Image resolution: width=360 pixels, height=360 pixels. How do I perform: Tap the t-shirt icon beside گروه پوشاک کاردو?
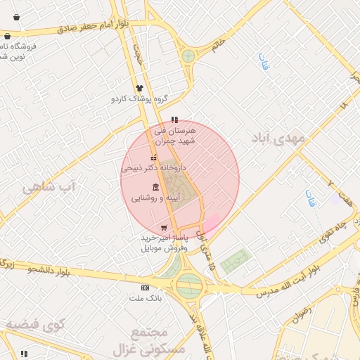(x=139, y=89)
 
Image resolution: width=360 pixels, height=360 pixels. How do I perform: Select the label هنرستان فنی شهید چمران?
(x=175, y=136)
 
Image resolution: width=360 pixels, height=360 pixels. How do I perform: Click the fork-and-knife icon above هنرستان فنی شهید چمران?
(x=174, y=119)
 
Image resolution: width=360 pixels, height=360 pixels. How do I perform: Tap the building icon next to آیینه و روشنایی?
(x=155, y=187)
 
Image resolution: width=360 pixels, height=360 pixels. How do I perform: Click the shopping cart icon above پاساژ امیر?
(x=164, y=228)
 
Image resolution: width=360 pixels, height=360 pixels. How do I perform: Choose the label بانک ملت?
(x=145, y=298)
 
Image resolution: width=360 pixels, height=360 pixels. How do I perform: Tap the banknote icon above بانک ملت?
(x=145, y=288)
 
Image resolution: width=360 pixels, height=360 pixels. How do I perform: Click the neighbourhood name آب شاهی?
(x=48, y=188)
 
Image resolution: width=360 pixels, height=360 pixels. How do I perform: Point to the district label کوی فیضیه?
(x=35, y=324)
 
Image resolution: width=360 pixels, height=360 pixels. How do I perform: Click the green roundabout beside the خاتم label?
(x=188, y=56)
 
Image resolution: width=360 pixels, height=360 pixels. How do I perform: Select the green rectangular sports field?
(x=235, y=262)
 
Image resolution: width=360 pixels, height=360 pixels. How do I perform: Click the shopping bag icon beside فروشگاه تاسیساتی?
(x=7, y=37)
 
